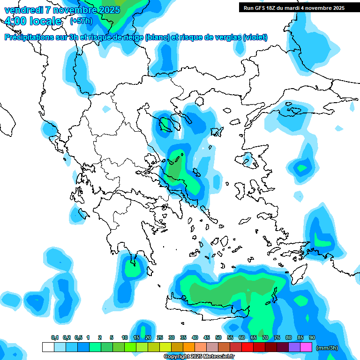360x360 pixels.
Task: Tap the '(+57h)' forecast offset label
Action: click(x=81, y=21)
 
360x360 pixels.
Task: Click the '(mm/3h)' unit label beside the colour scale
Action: click(x=327, y=347)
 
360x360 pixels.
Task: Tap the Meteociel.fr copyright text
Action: click(x=199, y=357)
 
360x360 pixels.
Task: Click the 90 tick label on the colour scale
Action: click(x=312, y=337)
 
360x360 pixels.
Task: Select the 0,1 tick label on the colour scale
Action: click(x=54, y=337)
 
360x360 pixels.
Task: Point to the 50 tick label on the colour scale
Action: click(x=218, y=337)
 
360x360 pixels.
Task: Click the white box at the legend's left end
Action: click(x=48, y=347)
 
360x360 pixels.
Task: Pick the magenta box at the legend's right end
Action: click(x=306, y=347)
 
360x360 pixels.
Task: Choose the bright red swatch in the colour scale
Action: click(x=247, y=347)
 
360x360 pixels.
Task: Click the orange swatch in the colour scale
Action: click(x=189, y=347)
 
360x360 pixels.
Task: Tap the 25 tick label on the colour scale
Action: click(x=159, y=337)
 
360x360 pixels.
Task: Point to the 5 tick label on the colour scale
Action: click(x=112, y=337)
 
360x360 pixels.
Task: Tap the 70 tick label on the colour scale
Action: click(x=265, y=337)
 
